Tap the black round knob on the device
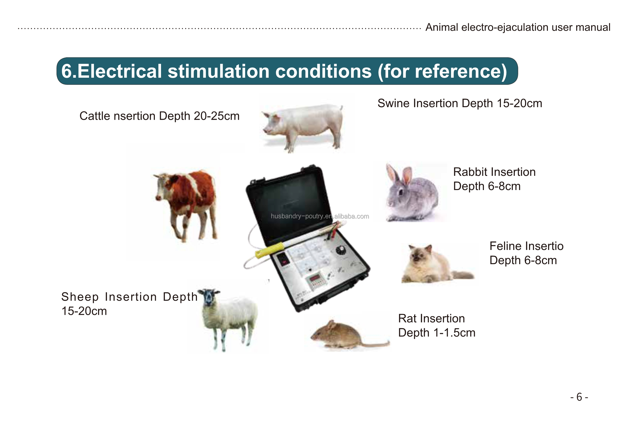[x=341, y=250]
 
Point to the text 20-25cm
[x=217, y=116]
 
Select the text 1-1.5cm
[x=454, y=333]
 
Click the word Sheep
[x=80, y=297]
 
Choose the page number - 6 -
[x=579, y=397]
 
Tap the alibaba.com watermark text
[x=352, y=216]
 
